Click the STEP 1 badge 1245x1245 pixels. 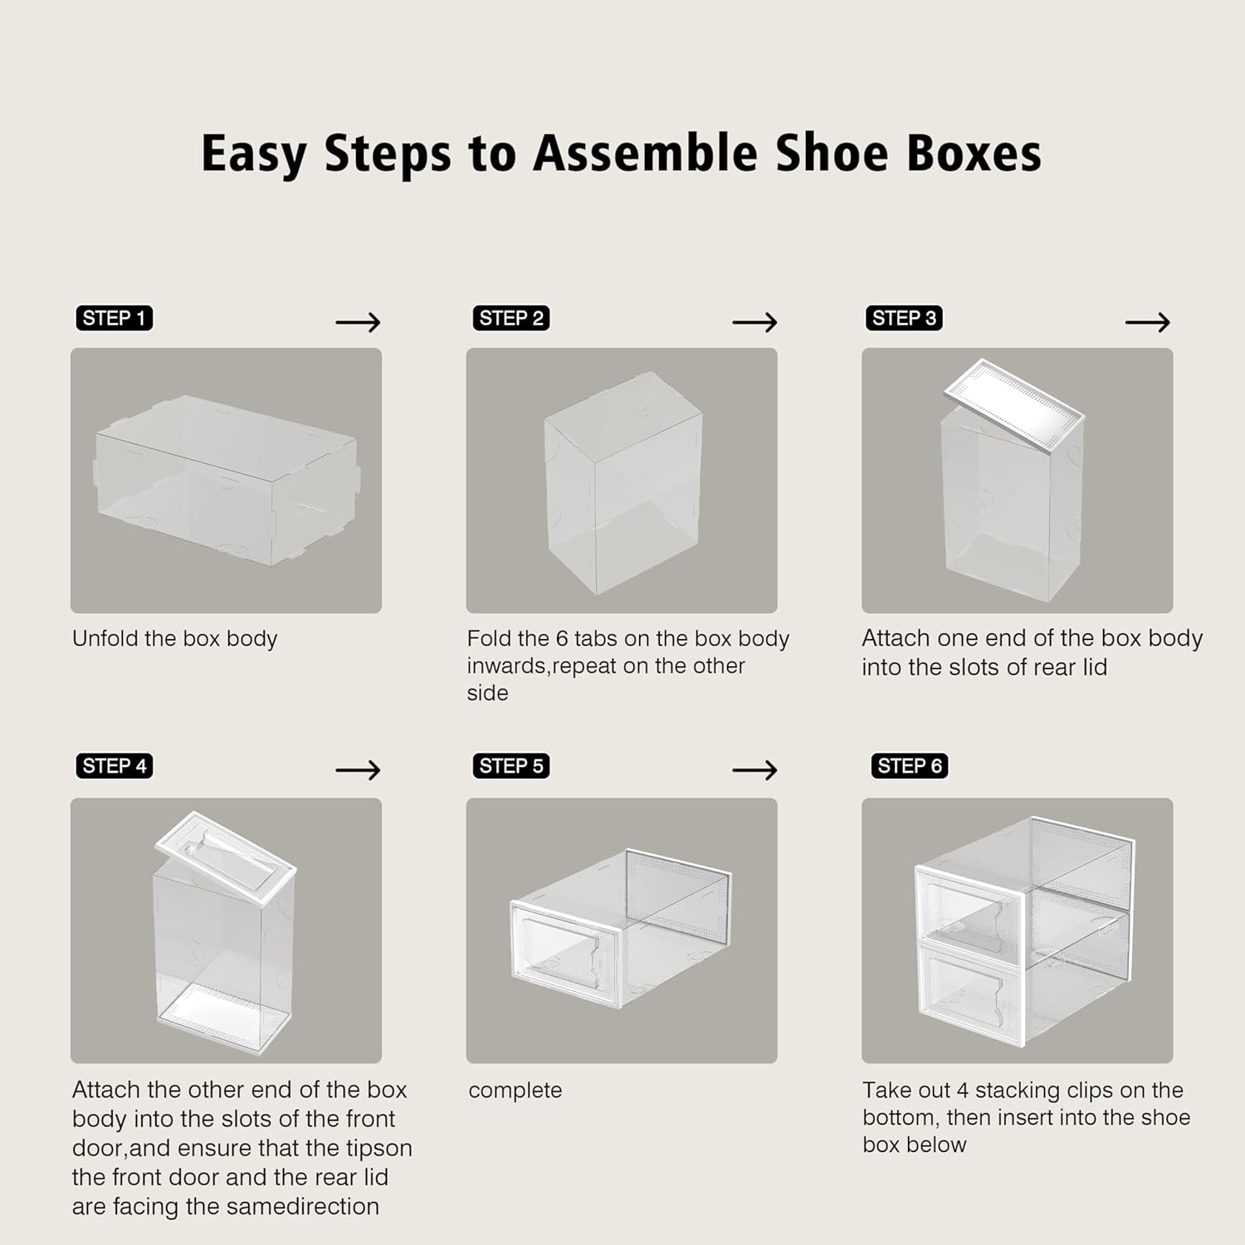point(114,318)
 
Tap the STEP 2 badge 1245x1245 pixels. point(510,318)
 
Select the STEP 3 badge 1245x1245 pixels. point(903,318)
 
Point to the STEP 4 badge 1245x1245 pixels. point(114,766)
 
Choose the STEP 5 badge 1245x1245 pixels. point(510,766)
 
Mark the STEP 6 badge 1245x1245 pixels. point(909,766)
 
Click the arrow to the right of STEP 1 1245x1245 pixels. point(358,322)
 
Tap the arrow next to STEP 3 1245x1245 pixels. point(1147,322)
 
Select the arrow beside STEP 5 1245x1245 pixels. point(754,770)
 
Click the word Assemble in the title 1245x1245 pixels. point(645,154)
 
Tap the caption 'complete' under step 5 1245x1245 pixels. point(515,1090)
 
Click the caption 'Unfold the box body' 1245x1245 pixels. point(174,638)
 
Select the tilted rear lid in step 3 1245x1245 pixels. point(1014,407)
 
